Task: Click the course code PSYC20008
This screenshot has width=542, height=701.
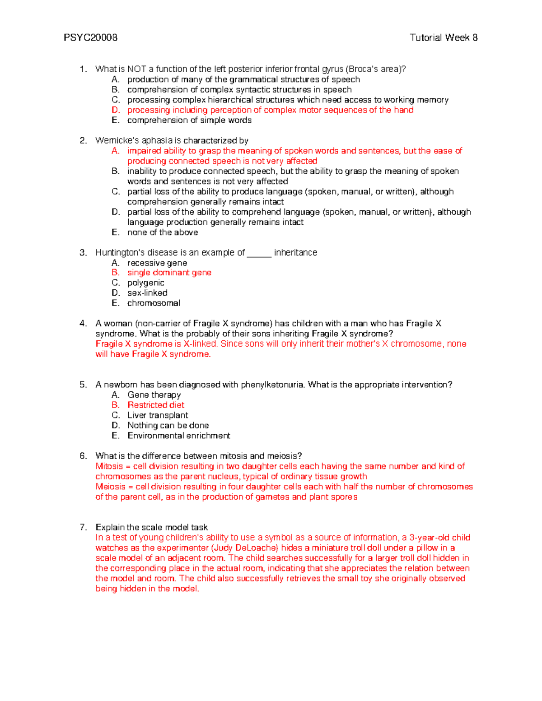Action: [x=90, y=37]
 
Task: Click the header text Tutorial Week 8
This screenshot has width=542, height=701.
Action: [x=443, y=37]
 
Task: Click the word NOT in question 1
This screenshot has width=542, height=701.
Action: [x=136, y=69]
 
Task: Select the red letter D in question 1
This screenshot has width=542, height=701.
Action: [x=116, y=110]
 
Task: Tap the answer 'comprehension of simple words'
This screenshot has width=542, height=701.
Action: [x=189, y=121]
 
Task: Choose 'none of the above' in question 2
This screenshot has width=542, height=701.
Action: [x=163, y=232]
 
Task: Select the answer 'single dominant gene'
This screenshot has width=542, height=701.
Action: [x=169, y=273]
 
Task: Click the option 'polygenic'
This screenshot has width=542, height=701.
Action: [x=145, y=283]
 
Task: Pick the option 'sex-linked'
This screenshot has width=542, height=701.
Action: [x=147, y=293]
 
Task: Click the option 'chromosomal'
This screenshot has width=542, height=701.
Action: [x=154, y=303]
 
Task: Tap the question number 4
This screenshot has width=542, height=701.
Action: [x=83, y=324]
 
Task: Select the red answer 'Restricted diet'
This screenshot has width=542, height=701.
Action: [x=156, y=405]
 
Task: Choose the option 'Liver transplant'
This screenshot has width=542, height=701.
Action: [x=158, y=415]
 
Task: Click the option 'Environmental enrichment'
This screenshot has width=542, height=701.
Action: [x=179, y=436]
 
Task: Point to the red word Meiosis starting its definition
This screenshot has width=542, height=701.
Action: [x=110, y=487]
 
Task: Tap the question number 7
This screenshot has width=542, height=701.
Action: [x=83, y=527]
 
